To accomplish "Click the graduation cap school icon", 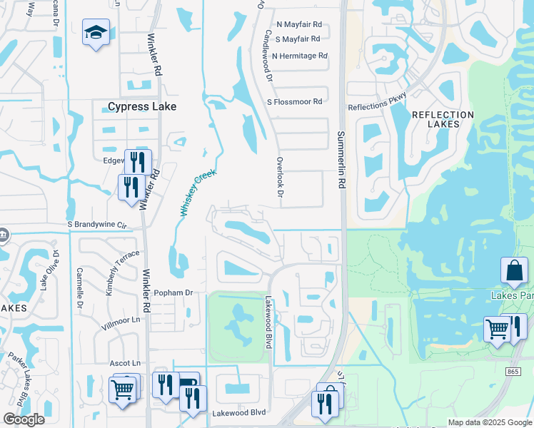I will [96, 33].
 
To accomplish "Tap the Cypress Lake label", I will [141, 107].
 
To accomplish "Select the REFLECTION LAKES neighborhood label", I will [443, 119].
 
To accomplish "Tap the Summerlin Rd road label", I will [341, 160].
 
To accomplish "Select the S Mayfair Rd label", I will [296, 39].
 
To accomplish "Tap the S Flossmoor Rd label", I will [294, 102].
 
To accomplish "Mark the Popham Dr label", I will [170, 292].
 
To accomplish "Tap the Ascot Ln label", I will [125, 363].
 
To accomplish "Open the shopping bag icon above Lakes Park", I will [514, 271].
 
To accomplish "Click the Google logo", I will [24, 419].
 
